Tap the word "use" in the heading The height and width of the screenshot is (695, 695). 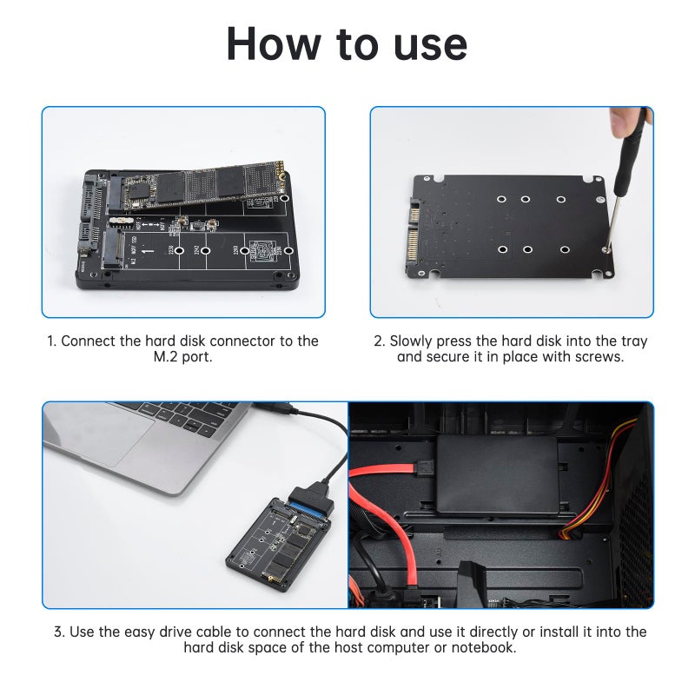(424, 43)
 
